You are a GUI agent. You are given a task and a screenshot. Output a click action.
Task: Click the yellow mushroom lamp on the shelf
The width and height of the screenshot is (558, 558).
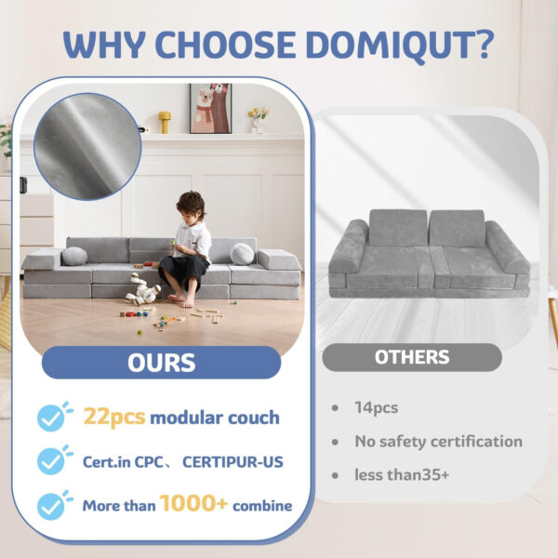pyautogui.click(x=165, y=121)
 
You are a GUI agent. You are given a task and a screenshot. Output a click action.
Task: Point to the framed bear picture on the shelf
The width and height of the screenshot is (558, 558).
pyautogui.click(x=211, y=109)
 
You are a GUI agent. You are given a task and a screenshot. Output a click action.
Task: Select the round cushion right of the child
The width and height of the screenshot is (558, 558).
pyautogui.click(x=242, y=254)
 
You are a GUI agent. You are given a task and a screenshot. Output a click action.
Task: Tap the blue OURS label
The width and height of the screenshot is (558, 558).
pyautogui.click(x=161, y=363)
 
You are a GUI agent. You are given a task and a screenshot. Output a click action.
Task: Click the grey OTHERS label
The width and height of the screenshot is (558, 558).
pyautogui.click(x=411, y=357)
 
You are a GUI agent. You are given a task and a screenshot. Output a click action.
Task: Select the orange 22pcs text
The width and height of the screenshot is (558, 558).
pyautogui.click(x=114, y=417)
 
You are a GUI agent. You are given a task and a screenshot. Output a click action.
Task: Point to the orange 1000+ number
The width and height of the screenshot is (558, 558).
pyautogui.click(x=194, y=504)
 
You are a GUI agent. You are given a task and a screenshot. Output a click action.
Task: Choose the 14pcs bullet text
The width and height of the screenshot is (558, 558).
pyautogui.click(x=374, y=407)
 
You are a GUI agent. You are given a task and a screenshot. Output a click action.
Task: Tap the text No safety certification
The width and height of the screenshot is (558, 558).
pyautogui.click(x=437, y=442)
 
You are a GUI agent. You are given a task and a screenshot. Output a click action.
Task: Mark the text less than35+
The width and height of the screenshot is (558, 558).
pyautogui.click(x=401, y=474)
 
